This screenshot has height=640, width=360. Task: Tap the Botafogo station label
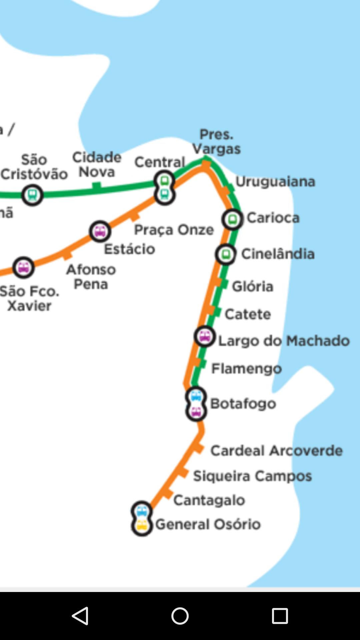pos(243,404)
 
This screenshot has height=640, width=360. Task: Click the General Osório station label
pos(208,524)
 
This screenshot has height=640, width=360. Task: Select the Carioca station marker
pos(232,219)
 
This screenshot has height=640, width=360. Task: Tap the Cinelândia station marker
pos(226,254)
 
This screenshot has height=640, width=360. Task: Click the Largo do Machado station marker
pos(204,336)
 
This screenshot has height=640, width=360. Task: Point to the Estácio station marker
pos(100,231)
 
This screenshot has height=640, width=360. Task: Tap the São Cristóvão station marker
pos(32,195)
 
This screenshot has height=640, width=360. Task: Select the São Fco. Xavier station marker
pos(23,267)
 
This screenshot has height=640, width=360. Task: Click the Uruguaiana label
pos(275,182)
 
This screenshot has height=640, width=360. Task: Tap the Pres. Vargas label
pos(216,142)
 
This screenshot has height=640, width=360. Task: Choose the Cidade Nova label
pos(97,165)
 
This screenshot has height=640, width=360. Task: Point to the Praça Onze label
pos(174,230)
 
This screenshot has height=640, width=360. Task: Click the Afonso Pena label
pos(91,277)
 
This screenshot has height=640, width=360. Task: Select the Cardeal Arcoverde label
pos(276,451)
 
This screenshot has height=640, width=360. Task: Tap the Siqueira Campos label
pos(252,476)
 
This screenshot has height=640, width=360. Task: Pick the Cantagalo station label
pos(209,500)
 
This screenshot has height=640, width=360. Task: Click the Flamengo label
pos(247,369)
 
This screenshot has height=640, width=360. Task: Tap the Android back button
pos(80,616)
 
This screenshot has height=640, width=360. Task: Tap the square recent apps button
pos(280,616)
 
